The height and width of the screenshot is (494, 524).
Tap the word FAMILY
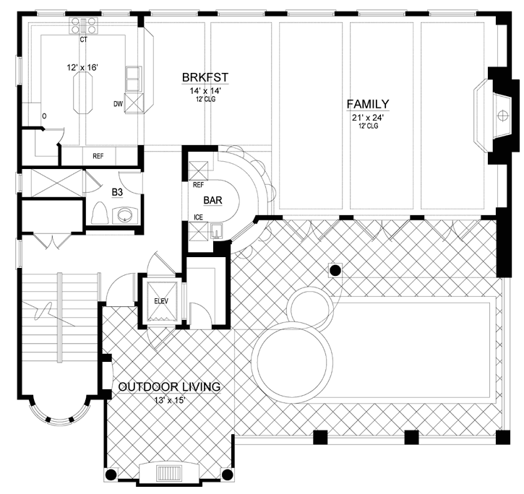[367, 104]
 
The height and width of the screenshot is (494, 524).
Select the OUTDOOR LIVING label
[169, 387]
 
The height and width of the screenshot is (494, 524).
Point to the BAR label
[212, 200]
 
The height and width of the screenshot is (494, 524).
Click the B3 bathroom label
[117, 193]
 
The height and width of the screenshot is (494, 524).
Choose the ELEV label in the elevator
[160, 303]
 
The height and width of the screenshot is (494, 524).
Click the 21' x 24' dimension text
[367, 117]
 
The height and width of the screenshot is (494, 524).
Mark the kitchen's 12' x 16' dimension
[82, 67]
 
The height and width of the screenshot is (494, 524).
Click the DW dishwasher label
[118, 103]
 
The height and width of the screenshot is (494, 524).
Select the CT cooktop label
[84, 40]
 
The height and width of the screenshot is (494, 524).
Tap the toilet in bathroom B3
[100, 213]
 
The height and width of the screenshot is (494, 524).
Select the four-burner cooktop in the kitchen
[79, 27]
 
